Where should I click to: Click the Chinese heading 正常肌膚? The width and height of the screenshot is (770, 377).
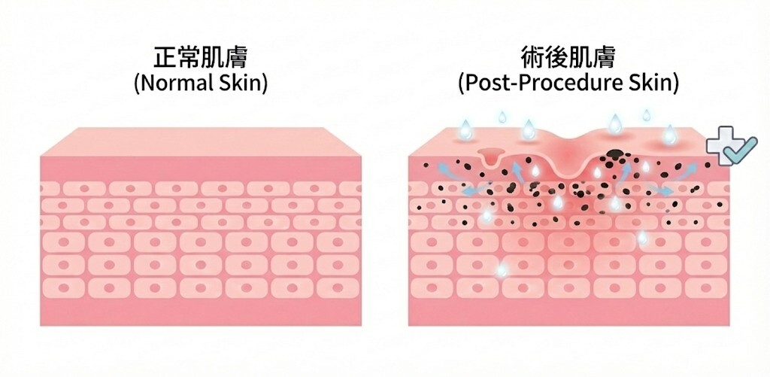200,57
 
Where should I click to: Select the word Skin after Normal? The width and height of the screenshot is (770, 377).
242,82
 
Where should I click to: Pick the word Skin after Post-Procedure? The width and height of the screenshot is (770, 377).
655,82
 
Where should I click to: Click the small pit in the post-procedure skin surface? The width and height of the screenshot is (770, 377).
491,158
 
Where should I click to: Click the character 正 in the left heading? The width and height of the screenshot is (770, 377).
165,57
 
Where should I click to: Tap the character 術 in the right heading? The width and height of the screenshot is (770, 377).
532,57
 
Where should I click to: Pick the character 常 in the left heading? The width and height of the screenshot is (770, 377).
189,57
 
